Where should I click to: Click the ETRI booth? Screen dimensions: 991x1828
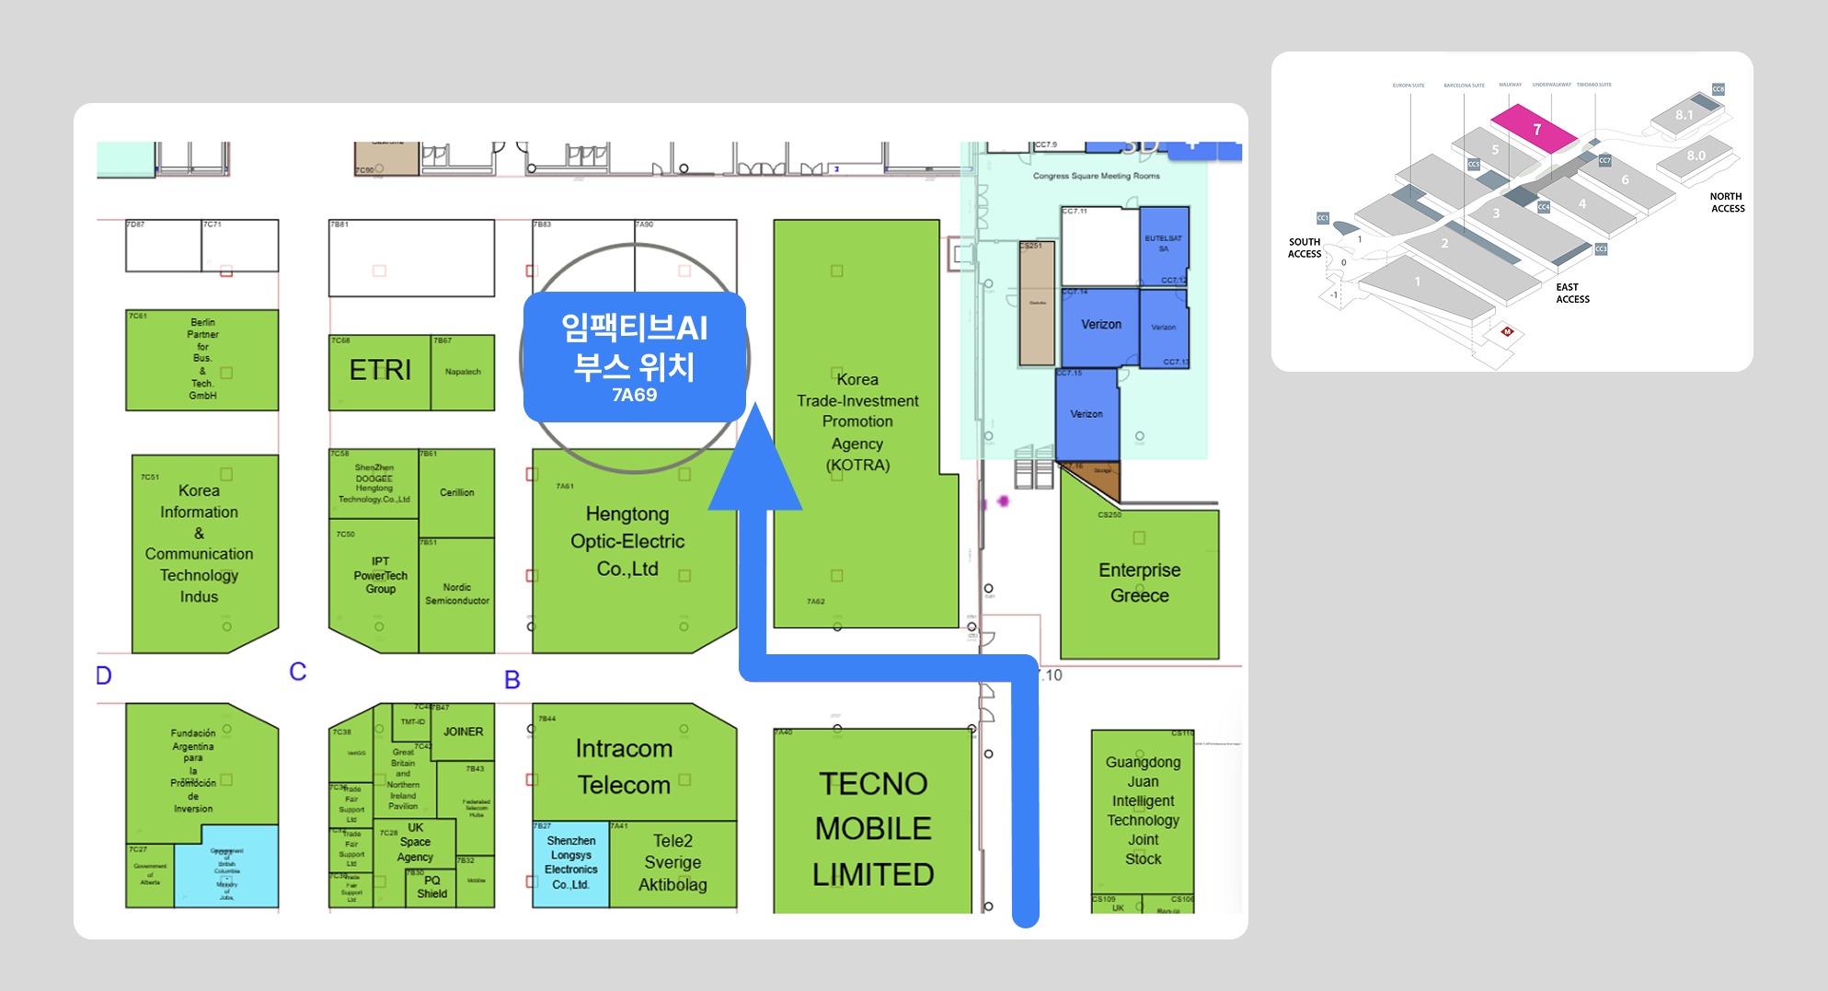[379, 371]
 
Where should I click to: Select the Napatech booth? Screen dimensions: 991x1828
[463, 372]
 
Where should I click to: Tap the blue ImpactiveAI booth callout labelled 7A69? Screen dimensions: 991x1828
[634, 358]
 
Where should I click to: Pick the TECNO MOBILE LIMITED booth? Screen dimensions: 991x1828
[872, 827]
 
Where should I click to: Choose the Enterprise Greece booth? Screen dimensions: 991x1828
[1139, 583]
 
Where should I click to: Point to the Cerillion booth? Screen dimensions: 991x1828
[456, 493]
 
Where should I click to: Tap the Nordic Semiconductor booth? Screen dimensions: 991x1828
[456, 594]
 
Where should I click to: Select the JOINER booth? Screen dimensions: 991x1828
[463, 732]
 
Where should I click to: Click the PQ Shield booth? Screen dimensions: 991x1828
[431, 888]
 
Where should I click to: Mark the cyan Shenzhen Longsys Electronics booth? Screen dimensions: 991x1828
[570, 863]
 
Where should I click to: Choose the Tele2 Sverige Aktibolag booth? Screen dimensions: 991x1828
[673, 863]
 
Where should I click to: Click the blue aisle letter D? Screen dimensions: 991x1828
[104, 676]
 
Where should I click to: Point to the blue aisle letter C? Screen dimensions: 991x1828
[297, 672]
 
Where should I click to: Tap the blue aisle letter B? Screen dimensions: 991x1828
[512, 680]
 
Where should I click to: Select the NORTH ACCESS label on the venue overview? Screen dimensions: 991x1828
[1727, 202]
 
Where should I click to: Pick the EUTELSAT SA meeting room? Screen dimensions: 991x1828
[1164, 245]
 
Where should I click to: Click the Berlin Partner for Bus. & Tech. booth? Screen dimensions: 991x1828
[202, 360]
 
